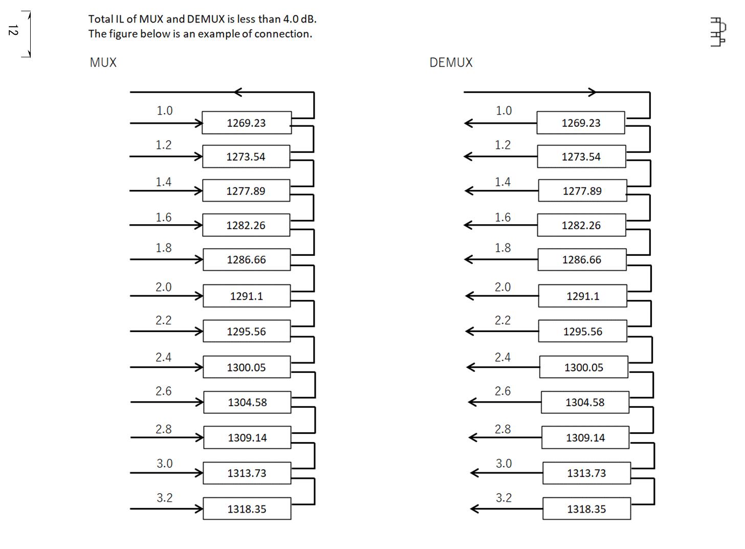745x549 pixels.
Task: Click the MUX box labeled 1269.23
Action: coord(247,123)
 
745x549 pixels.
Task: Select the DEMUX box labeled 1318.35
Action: coord(586,509)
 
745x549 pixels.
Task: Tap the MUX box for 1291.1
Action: coord(247,296)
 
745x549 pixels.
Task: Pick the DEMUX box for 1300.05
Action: coord(583,367)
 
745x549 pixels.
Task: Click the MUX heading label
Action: coord(103,62)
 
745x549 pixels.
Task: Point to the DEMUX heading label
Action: coord(451,62)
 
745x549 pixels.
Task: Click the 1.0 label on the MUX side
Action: coord(164,111)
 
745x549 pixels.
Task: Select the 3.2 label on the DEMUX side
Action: coord(503,498)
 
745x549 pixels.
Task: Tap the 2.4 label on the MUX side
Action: coord(163,357)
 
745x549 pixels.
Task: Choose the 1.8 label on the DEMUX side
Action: coord(502,248)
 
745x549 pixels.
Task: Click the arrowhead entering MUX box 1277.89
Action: coord(198,190)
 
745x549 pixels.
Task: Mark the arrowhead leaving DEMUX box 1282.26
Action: coord(468,225)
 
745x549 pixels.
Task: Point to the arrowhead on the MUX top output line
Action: coord(237,92)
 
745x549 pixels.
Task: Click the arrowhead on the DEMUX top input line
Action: coord(592,92)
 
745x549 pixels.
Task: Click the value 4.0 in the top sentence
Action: coord(291,19)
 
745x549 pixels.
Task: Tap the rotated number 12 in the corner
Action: coord(13,30)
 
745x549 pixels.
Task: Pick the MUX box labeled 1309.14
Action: coord(247,437)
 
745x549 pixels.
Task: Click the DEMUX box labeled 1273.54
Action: coord(581,157)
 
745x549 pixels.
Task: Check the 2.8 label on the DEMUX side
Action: coord(502,429)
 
